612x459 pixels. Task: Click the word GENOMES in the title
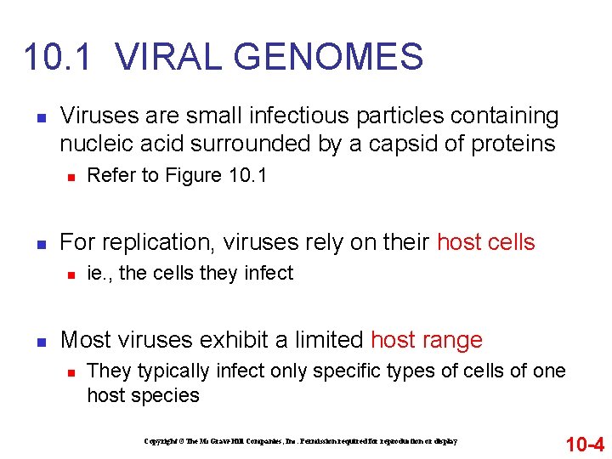click(x=327, y=57)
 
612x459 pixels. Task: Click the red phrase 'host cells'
click(x=485, y=242)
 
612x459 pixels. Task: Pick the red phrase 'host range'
click(x=426, y=340)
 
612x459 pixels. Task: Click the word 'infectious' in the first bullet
click(x=298, y=115)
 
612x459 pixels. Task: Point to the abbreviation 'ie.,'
click(x=102, y=273)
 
